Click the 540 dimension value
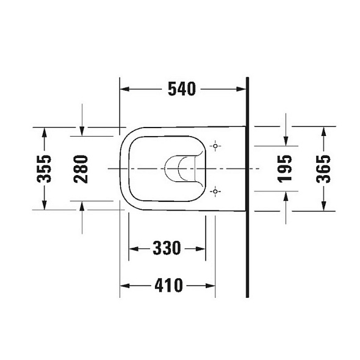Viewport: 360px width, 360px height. click(182, 89)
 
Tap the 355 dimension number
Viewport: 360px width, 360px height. click(44, 169)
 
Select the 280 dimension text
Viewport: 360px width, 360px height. click(81, 169)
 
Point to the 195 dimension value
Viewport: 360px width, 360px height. click(285, 169)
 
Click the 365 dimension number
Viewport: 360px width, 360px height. click(323, 169)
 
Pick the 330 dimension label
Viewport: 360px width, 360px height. click(167, 248)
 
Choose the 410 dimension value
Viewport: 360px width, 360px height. click(169, 286)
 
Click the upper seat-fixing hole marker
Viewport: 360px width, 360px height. click(215, 146)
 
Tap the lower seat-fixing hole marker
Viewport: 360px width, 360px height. click(215, 191)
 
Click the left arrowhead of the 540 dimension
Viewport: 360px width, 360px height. click(125, 89)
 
